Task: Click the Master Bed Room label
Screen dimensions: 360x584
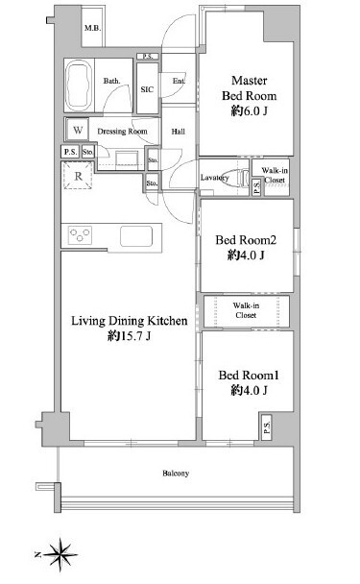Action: (x=249, y=88)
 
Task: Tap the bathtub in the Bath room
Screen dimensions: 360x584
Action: (x=79, y=85)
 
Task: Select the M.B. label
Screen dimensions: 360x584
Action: (x=92, y=28)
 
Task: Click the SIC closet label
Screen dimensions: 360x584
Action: (x=147, y=89)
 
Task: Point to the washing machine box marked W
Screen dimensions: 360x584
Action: (x=78, y=130)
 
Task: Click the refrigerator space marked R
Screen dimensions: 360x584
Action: (x=78, y=176)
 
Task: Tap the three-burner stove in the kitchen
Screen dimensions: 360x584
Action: (x=80, y=235)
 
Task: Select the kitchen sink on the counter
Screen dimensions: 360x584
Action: (x=136, y=236)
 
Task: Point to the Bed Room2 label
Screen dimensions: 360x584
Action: (x=246, y=240)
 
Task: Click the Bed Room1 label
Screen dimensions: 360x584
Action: (x=249, y=376)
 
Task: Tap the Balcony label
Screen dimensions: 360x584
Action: (x=176, y=474)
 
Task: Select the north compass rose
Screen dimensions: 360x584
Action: (x=60, y=554)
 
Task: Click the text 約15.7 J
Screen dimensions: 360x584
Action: (x=130, y=336)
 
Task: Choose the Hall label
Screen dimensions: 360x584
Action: (x=179, y=132)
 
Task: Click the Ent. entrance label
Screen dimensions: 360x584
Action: (x=179, y=81)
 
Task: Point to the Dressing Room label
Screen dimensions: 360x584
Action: (x=122, y=131)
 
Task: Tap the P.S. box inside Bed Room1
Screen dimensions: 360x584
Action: (x=266, y=426)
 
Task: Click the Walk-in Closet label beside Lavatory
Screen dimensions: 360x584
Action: (x=275, y=175)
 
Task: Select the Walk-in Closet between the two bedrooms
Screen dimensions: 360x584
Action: (x=246, y=311)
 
